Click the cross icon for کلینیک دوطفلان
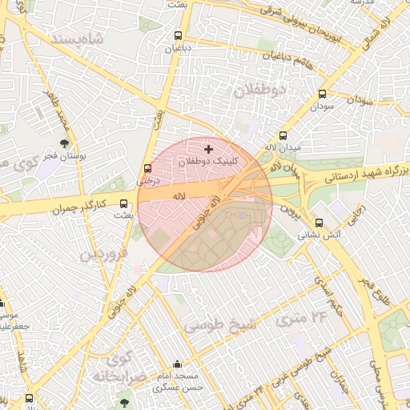pos(209,149)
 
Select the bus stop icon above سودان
pos(322,94)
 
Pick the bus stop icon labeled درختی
pos(147,169)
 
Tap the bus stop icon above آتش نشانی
pos(320,223)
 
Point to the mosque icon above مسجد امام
pos(177,364)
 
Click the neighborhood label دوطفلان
pos(259,90)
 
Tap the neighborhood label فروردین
pos(102,255)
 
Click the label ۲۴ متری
pos(303,318)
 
